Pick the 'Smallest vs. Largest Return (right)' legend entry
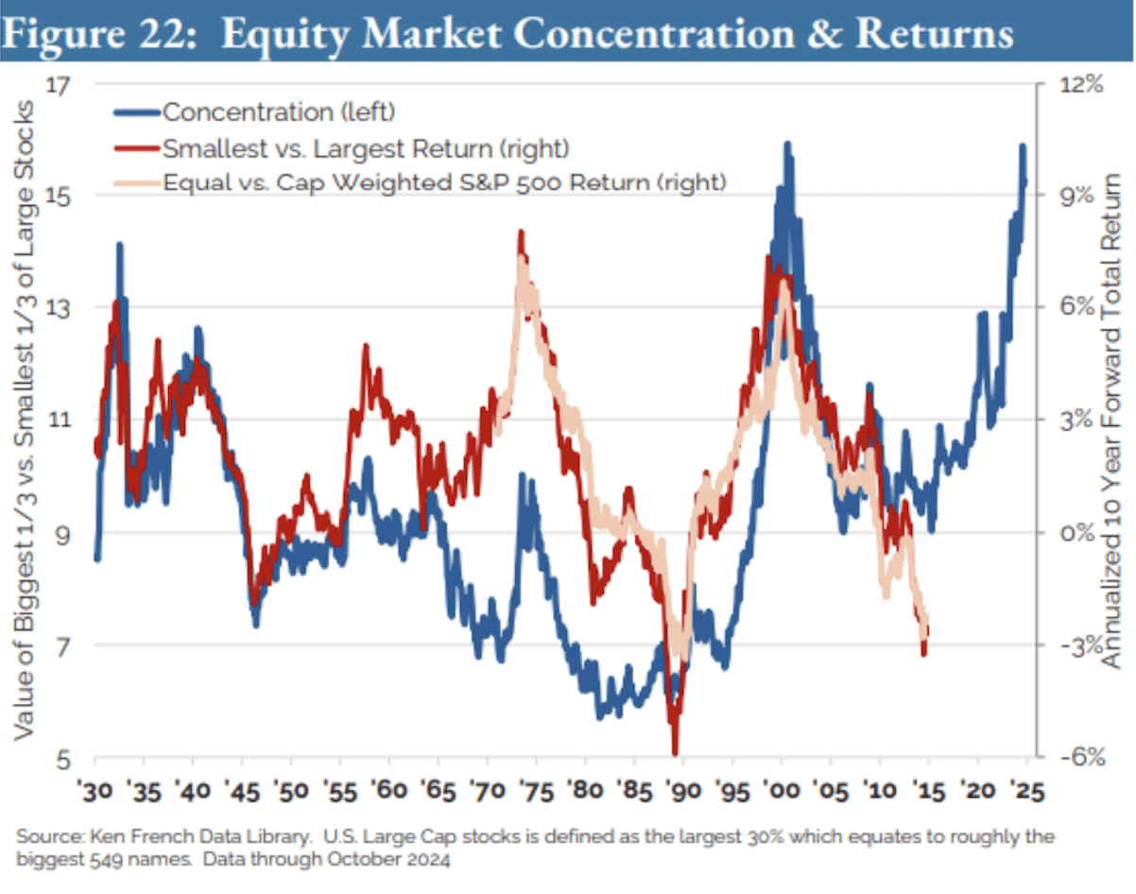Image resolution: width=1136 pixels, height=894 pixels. [x=365, y=147]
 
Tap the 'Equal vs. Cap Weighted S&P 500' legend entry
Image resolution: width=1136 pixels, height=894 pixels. [x=444, y=182]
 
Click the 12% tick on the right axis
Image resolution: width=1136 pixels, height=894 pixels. [x=1079, y=85]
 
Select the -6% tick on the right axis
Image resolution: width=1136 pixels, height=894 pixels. [x=1079, y=758]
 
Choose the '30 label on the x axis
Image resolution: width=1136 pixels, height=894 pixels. [x=95, y=790]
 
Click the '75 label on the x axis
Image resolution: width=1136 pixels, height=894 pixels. [x=536, y=790]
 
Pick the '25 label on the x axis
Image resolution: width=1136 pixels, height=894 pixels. [x=1025, y=790]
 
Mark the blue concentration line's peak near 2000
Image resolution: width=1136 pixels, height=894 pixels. [x=786, y=145]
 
